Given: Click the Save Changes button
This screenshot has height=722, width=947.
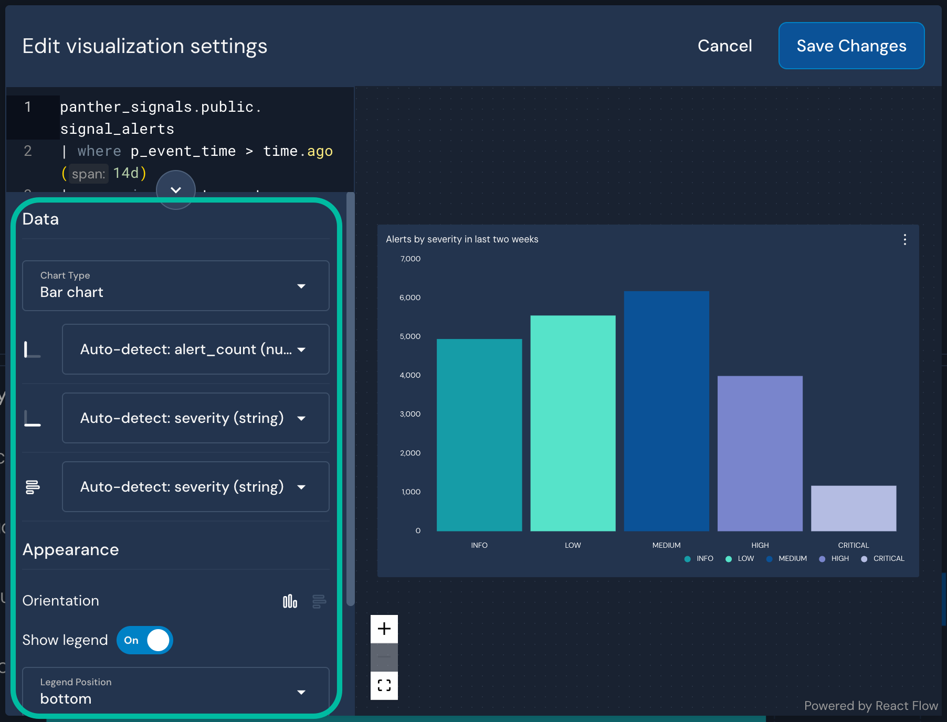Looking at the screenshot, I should [x=851, y=46].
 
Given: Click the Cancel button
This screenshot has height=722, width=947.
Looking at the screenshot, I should [x=724, y=46].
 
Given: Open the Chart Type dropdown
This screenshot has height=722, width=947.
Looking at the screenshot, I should [x=175, y=285].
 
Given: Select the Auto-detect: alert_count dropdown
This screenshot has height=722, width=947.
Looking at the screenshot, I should [x=195, y=349].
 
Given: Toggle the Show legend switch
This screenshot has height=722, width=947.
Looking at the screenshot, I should [x=145, y=640].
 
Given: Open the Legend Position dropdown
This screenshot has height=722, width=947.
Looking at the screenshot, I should [x=175, y=692].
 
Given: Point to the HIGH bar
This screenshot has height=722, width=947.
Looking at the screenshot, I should [x=760, y=453].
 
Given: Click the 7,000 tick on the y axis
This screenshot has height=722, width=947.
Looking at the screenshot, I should [x=410, y=259].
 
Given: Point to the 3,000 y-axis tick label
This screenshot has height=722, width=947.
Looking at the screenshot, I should [x=410, y=414].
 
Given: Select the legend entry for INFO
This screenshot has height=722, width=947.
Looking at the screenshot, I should [x=699, y=559].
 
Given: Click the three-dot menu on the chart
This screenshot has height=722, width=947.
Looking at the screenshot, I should [x=904, y=240].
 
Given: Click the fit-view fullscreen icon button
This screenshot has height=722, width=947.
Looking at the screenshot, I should [x=384, y=685].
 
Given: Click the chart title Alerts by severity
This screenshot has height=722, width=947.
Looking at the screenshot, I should [x=462, y=239].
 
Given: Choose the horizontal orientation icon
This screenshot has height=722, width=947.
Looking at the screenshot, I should [x=319, y=601].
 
